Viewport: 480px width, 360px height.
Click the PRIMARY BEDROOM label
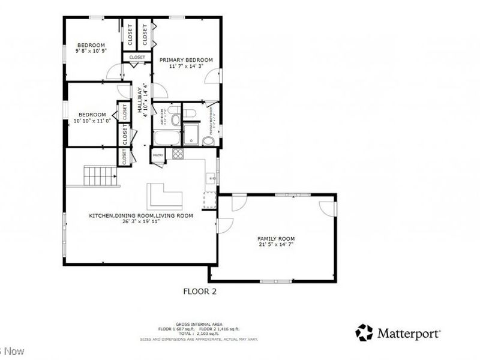tap(186, 60)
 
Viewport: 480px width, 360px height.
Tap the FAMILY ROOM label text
tap(277, 238)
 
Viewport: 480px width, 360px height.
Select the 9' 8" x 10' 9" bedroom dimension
tap(91, 52)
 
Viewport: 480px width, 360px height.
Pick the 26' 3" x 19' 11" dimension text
tap(141, 221)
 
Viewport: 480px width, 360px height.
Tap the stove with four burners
tap(178, 153)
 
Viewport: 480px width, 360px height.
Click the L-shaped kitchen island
tap(163, 196)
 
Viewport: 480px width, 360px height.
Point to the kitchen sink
tap(211, 178)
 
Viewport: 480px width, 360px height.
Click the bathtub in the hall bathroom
tap(166, 138)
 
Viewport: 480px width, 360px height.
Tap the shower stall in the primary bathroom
tap(191, 134)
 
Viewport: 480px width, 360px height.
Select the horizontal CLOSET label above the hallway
tap(137, 57)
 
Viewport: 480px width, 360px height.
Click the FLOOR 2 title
tap(199, 292)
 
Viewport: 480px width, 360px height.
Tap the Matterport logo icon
tap(364, 332)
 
